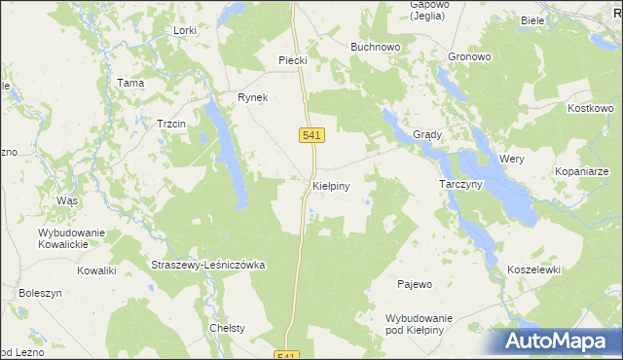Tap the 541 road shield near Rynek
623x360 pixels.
click(x=310, y=135)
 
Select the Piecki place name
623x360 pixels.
click(x=293, y=60)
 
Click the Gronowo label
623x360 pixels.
click(x=470, y=56)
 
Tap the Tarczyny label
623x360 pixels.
click(x=461, y=184)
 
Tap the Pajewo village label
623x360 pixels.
click(x=415, y=284)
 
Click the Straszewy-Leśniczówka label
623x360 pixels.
click(x=208, y=265)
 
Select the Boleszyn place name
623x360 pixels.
click(x=40, y=292)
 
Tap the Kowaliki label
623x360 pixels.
click(x=97, y=270)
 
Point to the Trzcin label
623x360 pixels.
click(x=171, y=124)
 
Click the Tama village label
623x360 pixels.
click(x=130, y=83)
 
